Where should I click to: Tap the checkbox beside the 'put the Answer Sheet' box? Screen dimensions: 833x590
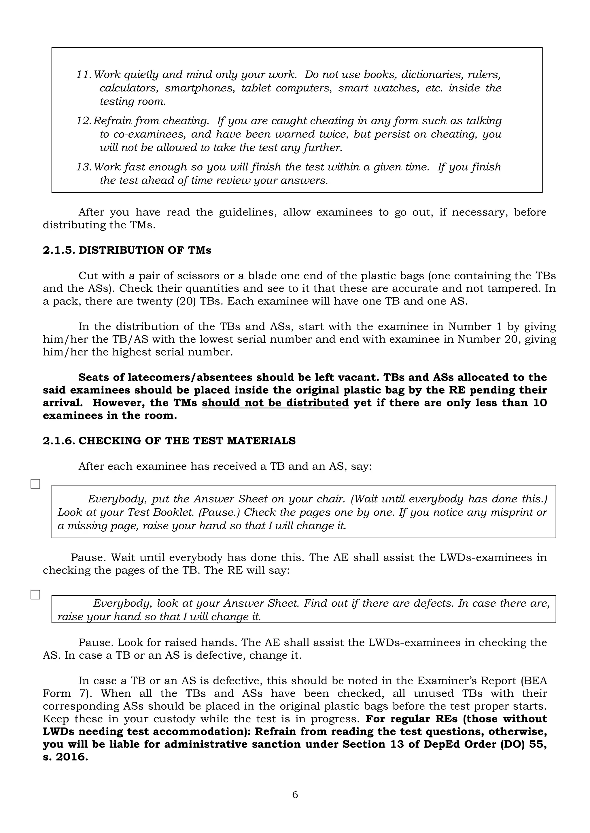[35, 484]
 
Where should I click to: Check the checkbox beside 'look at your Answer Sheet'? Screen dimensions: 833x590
[35, 595]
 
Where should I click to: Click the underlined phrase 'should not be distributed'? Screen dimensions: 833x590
[275, 403]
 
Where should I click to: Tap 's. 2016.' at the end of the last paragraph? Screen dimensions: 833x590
[65, 757]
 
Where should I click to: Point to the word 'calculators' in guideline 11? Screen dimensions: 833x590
[129, 88]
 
